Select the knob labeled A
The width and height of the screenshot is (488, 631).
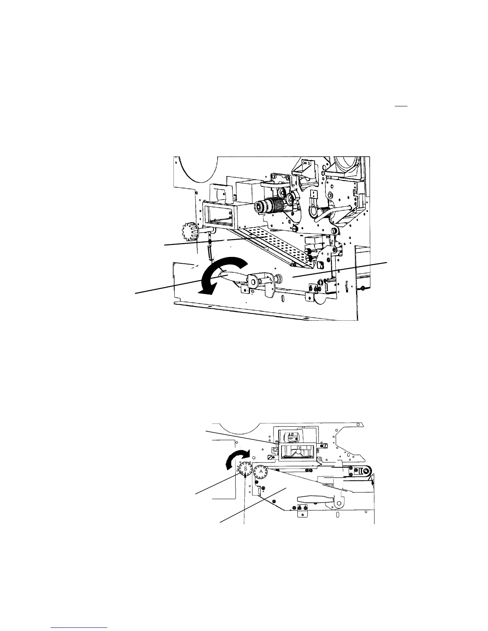(x=261, y=471)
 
